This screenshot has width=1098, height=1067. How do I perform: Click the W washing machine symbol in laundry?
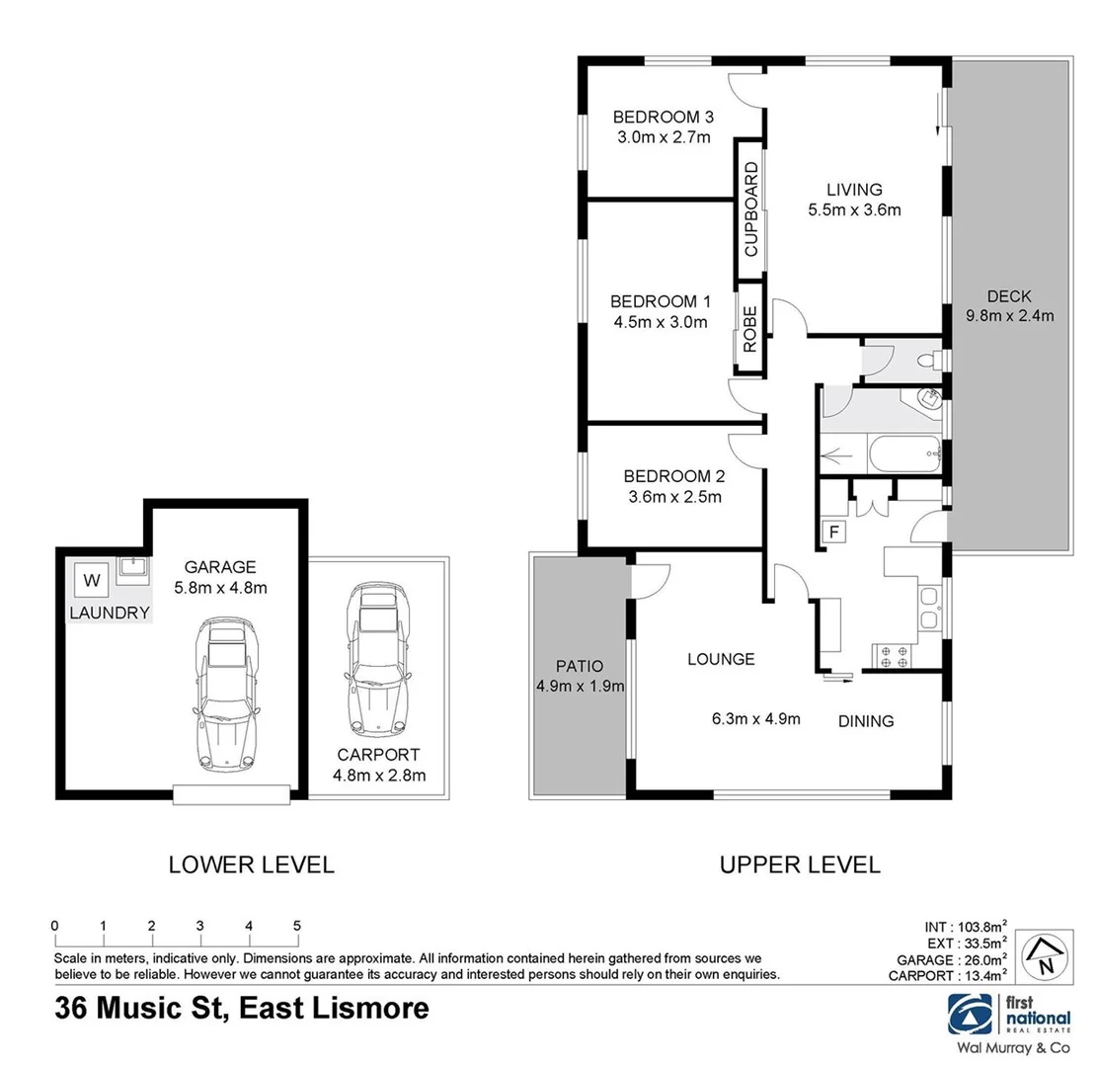coord(92,578)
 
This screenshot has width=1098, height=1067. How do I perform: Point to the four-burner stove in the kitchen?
coord(893,654)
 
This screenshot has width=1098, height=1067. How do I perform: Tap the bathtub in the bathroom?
coord(903,455)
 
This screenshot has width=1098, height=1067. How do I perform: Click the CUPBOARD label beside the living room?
coord(750,209)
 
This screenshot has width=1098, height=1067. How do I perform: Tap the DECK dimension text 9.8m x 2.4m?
coord(1010,316)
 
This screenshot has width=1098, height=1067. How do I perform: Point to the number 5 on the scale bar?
coord(296,926)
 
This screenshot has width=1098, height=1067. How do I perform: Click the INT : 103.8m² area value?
coord(965,926)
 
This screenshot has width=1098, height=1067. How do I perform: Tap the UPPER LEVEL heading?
coord(800,865)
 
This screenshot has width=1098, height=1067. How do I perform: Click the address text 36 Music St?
coord(137,1009)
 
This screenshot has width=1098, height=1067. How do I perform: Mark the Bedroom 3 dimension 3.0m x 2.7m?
coord(664,137)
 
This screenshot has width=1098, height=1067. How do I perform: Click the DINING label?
coord(866,721)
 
